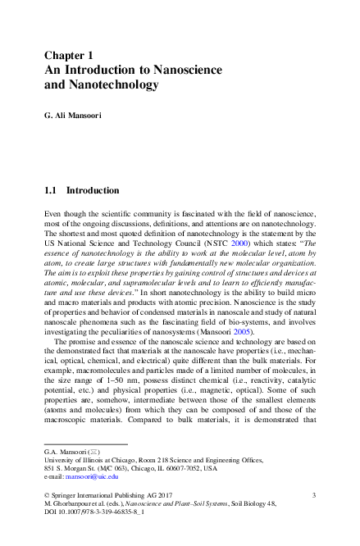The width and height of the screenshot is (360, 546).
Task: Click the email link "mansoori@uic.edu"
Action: (93, 475)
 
